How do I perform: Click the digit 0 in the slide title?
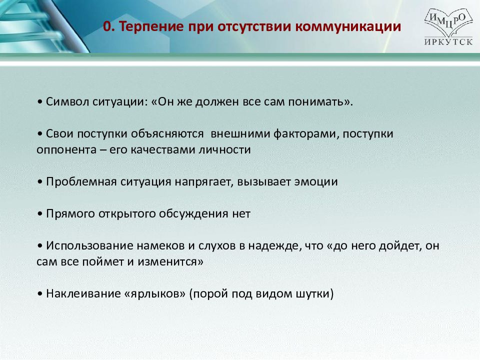107,26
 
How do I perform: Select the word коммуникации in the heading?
348,27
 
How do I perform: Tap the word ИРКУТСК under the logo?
448,41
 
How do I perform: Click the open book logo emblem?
448,22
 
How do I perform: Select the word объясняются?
167,134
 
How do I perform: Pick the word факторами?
306,134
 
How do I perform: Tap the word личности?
224,149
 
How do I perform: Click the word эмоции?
316,182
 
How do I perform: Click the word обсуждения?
193,213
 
